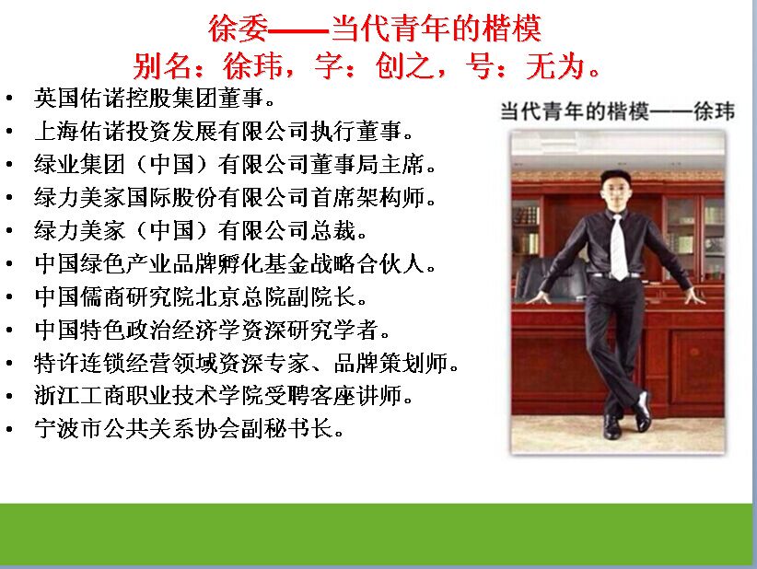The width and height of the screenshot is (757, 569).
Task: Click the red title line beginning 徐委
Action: (x=375, y=28)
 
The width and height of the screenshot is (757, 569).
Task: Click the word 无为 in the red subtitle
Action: (x=555, y=65)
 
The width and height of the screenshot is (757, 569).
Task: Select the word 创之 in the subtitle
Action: (x=404, y=65)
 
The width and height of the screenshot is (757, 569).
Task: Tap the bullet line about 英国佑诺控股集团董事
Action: (x=155, y=98)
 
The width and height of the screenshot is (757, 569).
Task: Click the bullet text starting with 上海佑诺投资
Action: (x=224, y=131)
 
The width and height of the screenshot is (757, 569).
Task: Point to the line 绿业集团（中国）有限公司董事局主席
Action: (x=235, y=164)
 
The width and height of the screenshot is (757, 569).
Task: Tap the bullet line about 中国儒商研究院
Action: (x=201, y=296)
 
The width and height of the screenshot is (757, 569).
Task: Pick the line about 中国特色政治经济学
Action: (x=213, y=330)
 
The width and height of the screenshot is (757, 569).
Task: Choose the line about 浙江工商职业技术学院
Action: (x=224, y=396)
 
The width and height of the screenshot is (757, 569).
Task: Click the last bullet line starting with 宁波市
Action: (x=190, y=428)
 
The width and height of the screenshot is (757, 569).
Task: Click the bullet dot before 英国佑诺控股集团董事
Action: (x=9, y=99)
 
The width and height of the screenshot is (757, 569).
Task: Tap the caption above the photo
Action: (x=617, y=111)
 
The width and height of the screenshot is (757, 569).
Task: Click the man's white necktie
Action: (x=619, y=248)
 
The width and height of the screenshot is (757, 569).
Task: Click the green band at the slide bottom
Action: (x=376, y=533)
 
